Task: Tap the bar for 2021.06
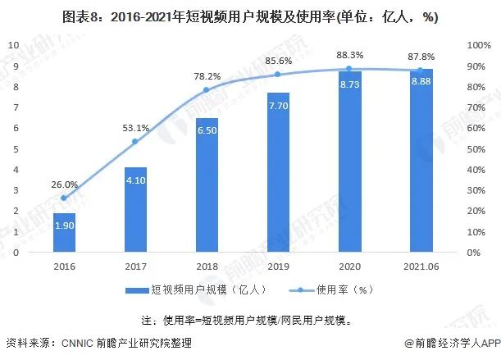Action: (420, 161)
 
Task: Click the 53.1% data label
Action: (135, 128)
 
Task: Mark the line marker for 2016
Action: (64, 198)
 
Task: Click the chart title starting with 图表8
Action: (250, 15)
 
